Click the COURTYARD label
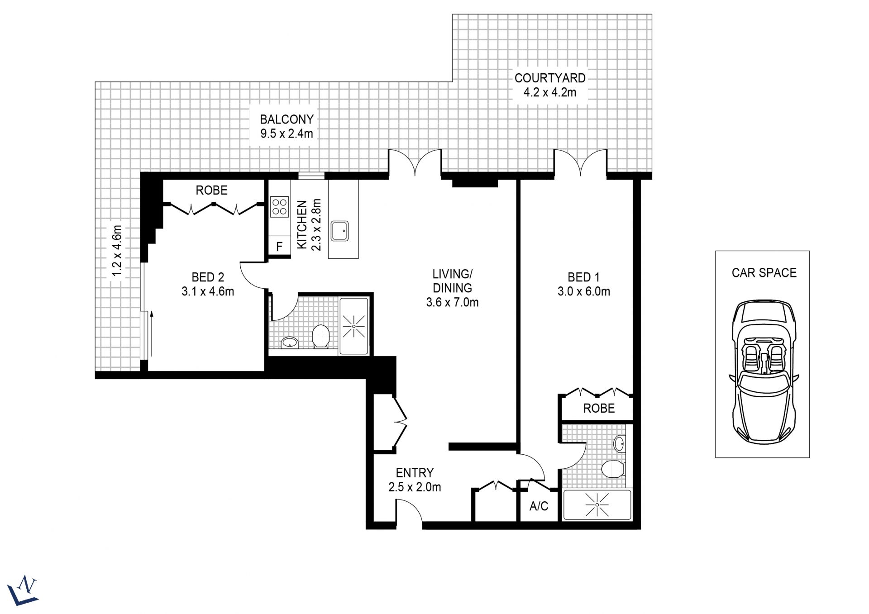point(550,78)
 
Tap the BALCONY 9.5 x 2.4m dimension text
point(286,133)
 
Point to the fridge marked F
point(279,246)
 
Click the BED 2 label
point(208,277)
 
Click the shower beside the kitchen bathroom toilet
point(353,325)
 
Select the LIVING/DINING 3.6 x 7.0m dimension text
point(452,302)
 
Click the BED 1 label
point(584,277)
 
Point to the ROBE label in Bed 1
point(599,408)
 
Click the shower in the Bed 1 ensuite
point(597,505)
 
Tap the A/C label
point(539,506)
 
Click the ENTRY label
point(415,473)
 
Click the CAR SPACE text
point(764,273)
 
